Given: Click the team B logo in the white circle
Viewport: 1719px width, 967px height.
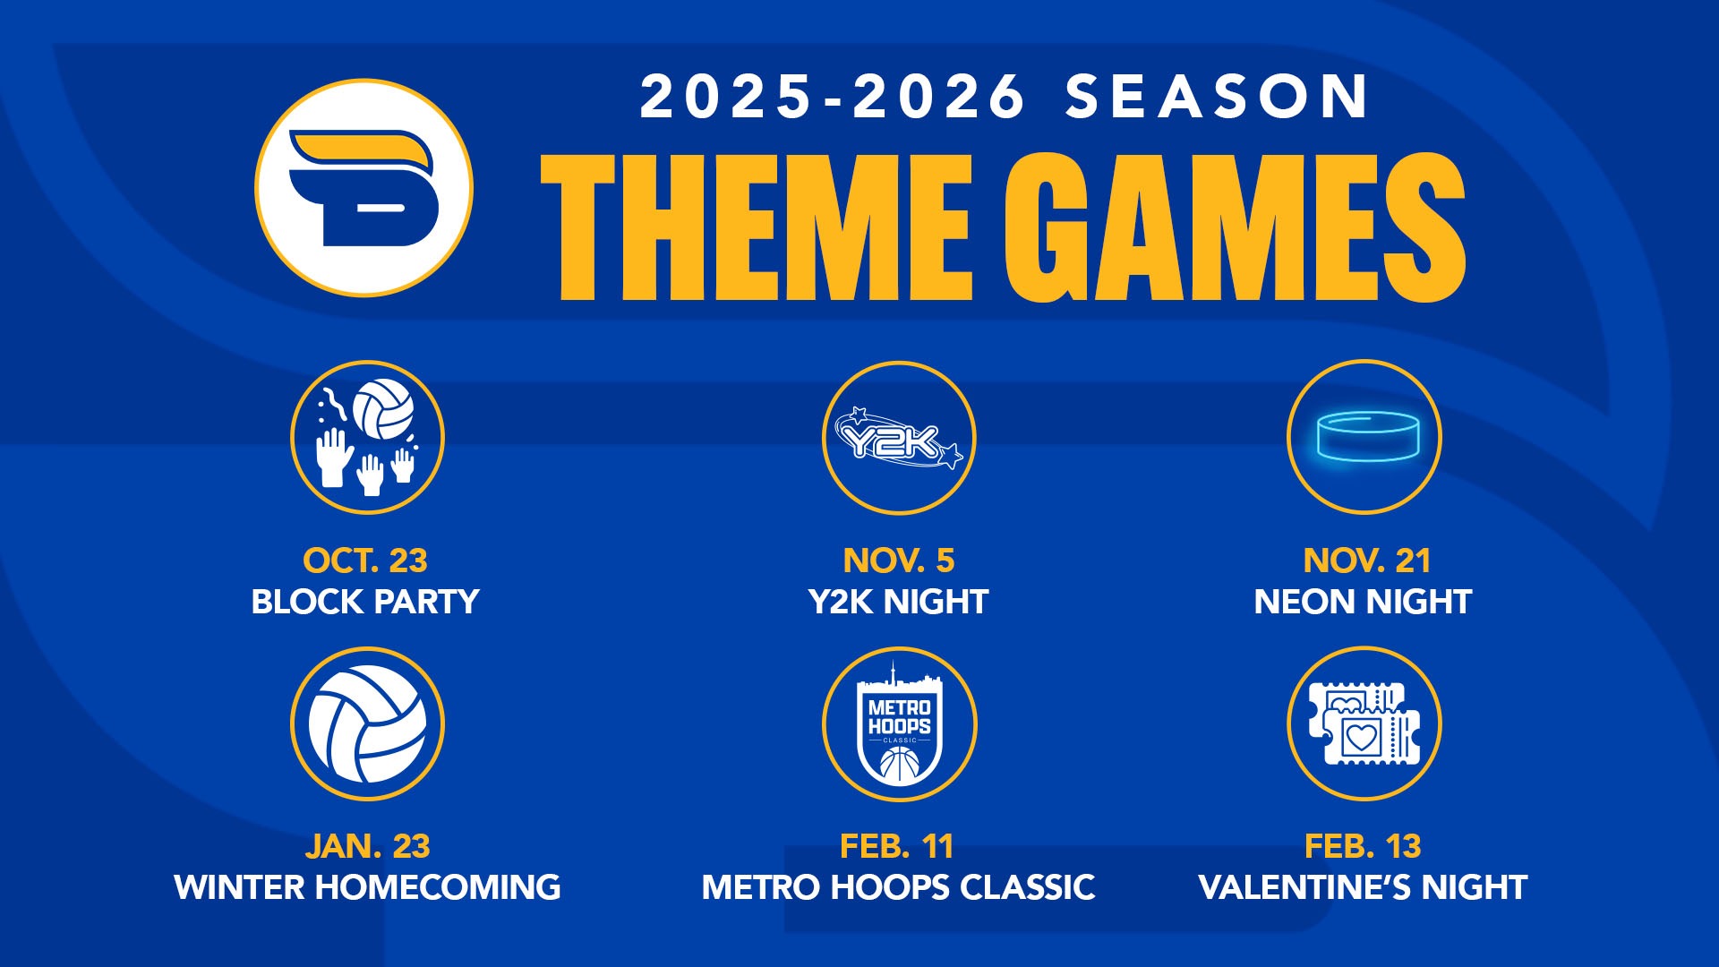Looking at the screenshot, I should pos(363,188).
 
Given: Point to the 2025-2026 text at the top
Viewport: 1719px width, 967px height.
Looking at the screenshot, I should pos(833,96).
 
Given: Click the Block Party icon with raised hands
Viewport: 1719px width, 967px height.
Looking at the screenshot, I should pos(367,438).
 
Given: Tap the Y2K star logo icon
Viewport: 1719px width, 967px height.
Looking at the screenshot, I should pos(899,438).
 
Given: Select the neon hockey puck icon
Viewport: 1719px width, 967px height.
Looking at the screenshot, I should pos(1364,438).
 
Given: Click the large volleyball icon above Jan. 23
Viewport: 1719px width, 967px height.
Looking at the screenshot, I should pos(367,723).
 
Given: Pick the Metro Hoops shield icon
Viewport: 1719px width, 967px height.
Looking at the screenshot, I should pos(899,723).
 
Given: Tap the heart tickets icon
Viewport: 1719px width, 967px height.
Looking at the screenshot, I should pos(1364,723).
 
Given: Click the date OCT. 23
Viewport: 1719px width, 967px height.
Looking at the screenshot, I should pos(365,561).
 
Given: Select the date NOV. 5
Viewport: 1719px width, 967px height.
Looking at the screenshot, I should pos(899,561).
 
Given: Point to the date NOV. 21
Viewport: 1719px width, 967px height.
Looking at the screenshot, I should pos(1367,561).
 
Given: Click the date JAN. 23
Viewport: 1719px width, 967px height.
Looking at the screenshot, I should pos(367,846).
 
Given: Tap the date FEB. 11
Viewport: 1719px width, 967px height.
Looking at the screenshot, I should pos(897,846).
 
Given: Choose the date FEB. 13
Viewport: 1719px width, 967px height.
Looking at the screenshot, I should pos(1363,846).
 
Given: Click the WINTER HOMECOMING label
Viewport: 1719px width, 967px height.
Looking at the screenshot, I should pos(367,887).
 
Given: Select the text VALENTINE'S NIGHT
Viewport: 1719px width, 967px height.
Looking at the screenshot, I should pos(1363,887).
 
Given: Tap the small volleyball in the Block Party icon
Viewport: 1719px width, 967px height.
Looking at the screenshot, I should pos(383,409).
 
